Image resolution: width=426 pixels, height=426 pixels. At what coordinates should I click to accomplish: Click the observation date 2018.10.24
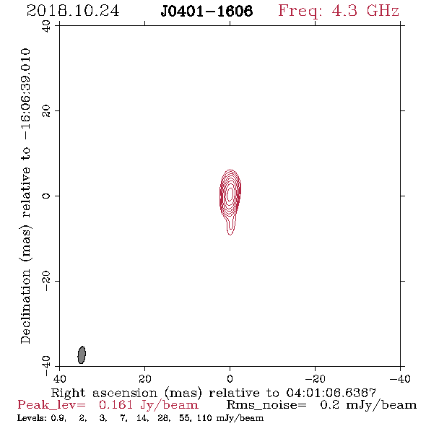pyautogui.click(x=73, y=11)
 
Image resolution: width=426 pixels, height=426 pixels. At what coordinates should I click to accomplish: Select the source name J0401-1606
pyautogui.click(x=207, y=11)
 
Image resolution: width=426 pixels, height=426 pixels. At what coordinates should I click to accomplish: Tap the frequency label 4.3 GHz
pyautogui.click(x=365, y=11)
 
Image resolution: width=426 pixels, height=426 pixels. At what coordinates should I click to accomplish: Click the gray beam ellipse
pyautogui.click(x=82, y=355)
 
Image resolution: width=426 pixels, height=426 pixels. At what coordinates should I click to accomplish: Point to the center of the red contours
pyautogui.click(x=230, y=194)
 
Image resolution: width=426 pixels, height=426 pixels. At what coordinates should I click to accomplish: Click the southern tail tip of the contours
pyautogui.click(x=230, y=235)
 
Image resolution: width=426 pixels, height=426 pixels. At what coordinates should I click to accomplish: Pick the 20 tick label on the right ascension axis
pyautogui.click(x=144, y=379)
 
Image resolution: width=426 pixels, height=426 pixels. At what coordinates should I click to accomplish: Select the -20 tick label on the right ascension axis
pyautogui.click(x=315, y=379)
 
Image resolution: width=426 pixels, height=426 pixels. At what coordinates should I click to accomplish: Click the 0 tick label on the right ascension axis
pyautogui.click(x=230, y=379)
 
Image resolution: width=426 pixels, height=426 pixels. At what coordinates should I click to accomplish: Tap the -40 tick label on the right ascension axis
pyautogui.click(x=400, y=379)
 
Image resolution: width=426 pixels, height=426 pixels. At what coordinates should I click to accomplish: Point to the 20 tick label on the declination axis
pyautogui.click(x=46, y=111)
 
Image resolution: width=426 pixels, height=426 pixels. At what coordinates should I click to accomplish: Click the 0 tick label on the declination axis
pyautogui.click(x=46, y=196)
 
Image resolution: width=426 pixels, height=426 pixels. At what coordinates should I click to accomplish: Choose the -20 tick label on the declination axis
pyautogui.click(x=46, y=281)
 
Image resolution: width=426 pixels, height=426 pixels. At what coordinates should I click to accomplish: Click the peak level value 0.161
pyautogui.click(x=116, y=405)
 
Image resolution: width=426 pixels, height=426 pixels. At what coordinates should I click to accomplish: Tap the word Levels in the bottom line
pyautogui.click(x=27, y=418)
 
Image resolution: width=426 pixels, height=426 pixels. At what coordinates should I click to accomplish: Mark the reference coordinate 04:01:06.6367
pyautogui.click(x=331, y=393)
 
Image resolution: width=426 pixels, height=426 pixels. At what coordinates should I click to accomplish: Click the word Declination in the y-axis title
pyautogui.click(x=25, y=306)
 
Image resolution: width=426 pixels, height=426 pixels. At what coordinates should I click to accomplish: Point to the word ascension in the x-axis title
pyautogui.click(x=125, y=393)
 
